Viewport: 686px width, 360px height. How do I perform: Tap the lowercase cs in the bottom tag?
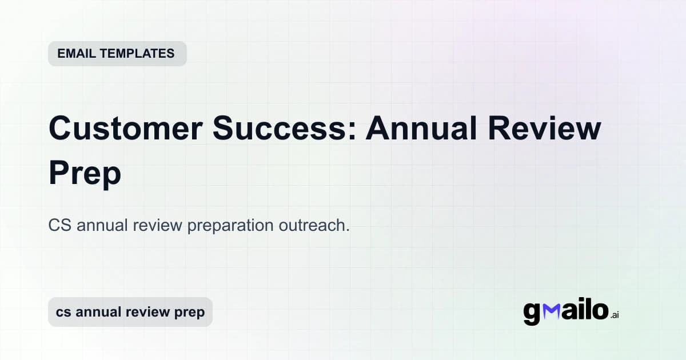63,312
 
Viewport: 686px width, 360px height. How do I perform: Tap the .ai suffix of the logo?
615,315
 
